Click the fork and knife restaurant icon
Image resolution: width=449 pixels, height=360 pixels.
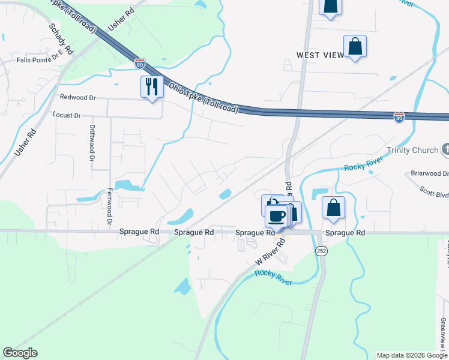[x=152, y=87]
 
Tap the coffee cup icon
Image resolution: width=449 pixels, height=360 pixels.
[x=277, y=215]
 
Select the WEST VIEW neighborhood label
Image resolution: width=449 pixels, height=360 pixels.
[x=321, y=55]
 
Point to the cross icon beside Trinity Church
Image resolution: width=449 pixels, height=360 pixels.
[x=445, y=149]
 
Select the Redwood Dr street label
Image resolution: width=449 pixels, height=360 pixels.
[x=77, y=97]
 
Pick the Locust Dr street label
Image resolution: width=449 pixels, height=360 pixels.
[x=66, y=115]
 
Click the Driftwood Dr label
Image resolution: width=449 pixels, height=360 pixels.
[x=92, y=143]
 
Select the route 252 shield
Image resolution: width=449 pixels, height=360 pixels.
[x=322, y=250]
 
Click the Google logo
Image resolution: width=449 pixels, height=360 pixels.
[x=20, y=353]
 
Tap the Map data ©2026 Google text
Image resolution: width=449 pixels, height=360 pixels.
[x=412, y=355]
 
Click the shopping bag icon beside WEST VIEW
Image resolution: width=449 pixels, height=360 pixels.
[x=355, y=46]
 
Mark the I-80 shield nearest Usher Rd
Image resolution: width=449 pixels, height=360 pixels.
[x=139, y=62]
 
